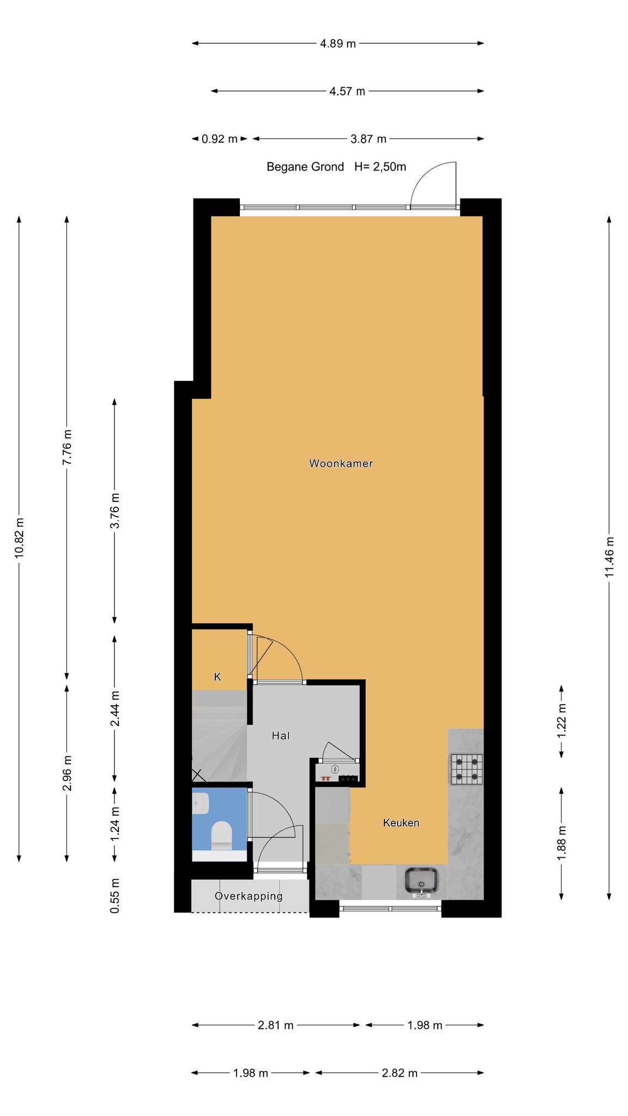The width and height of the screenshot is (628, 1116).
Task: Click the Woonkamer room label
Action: coord(341,464)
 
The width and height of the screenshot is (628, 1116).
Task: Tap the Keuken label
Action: coord(401,823)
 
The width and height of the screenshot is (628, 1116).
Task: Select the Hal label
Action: coord(281,736)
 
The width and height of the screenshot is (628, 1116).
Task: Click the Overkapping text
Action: coord(249,896)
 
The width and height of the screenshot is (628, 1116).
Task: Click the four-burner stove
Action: coord(466,769)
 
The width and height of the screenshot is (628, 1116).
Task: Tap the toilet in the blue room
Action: coord(221,835)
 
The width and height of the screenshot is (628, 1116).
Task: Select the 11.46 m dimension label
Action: coord(609,557)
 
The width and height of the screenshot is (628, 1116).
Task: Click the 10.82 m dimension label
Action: coord(19,538)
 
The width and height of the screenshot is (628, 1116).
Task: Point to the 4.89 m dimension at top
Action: coord(338,44)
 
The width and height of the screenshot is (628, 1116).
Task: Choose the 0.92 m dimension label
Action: coord(220,139)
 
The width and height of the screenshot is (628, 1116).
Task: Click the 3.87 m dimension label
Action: coord(369,139)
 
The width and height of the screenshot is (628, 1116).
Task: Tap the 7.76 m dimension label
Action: coord(67,447)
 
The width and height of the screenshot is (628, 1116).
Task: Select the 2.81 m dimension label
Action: coord(276,1026)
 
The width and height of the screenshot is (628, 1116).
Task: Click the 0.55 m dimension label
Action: coord(114,896)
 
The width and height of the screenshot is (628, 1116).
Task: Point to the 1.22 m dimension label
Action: coord(561,720)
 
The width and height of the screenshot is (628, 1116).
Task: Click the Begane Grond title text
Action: coord(305,167)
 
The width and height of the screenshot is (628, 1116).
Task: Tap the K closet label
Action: coord(218,677)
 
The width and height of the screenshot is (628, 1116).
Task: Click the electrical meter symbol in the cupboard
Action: coord(335,769)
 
